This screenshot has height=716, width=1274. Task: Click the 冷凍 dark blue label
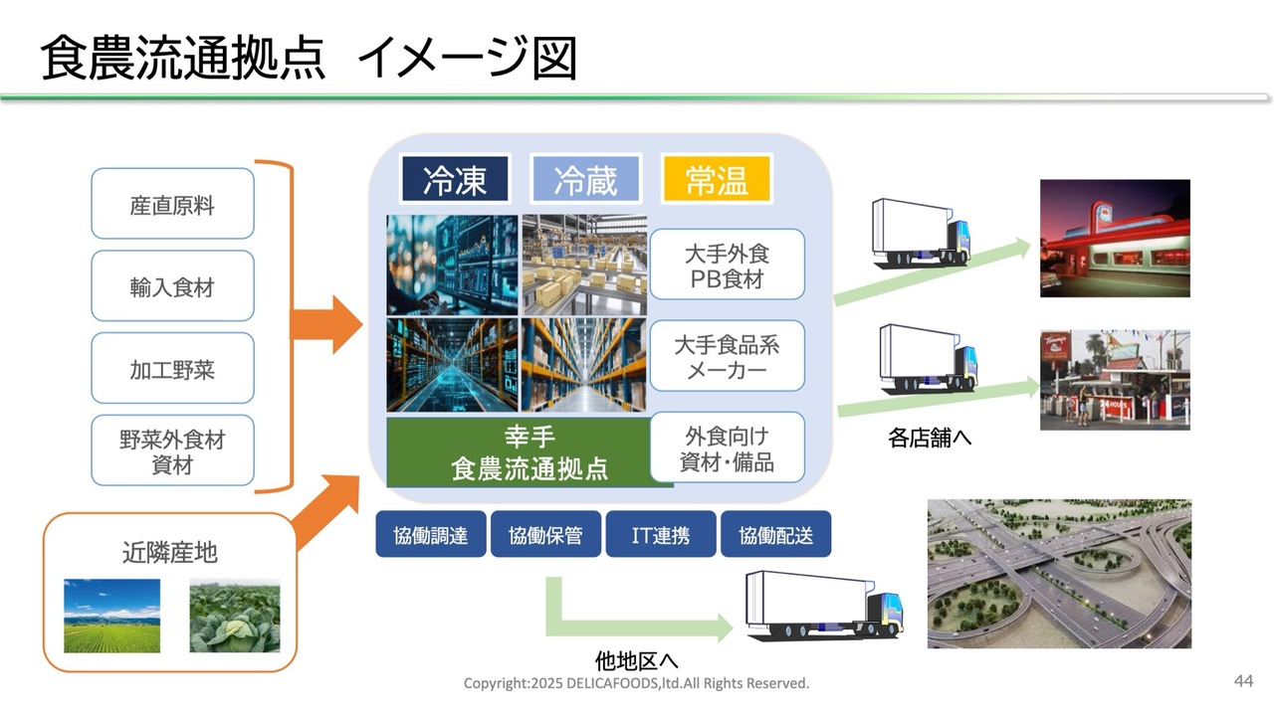coord(455,180)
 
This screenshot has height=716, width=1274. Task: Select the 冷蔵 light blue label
coord(585,180)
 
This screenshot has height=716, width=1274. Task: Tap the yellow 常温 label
coord(717,180)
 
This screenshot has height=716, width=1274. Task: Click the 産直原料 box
coord(172,205)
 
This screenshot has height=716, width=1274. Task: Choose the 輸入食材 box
coord(172,286)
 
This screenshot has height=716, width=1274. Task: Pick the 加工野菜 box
coord(172,369)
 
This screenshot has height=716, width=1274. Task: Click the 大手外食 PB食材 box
coord(727,266)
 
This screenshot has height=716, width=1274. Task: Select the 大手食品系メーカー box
coord(727,357)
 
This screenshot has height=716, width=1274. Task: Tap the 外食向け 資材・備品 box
coord(727,448)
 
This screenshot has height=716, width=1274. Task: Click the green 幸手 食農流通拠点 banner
coord(530,452)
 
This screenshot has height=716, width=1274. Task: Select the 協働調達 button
coord(430,535)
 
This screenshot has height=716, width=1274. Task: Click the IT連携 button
coord(660,535)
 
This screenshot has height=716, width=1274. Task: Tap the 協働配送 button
coord(775,535)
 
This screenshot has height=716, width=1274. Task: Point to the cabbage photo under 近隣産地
coord(235,617)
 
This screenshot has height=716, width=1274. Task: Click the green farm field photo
coord(111,617)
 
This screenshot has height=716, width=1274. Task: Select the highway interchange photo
coord(1059,574)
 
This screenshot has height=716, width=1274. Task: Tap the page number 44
coord(1243,681)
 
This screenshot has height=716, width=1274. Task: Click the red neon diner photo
coord(1115,238)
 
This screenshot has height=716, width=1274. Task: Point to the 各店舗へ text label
coord(930,438)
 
